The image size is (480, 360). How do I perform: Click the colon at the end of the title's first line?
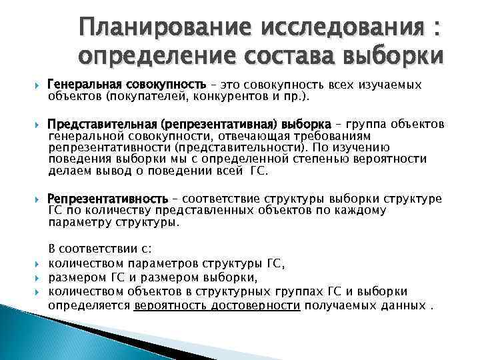click(x=436, y=30)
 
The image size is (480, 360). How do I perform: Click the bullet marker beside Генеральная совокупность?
click(x=37, y=85)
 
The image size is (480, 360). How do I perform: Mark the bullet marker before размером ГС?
click(x=37, y=277)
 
